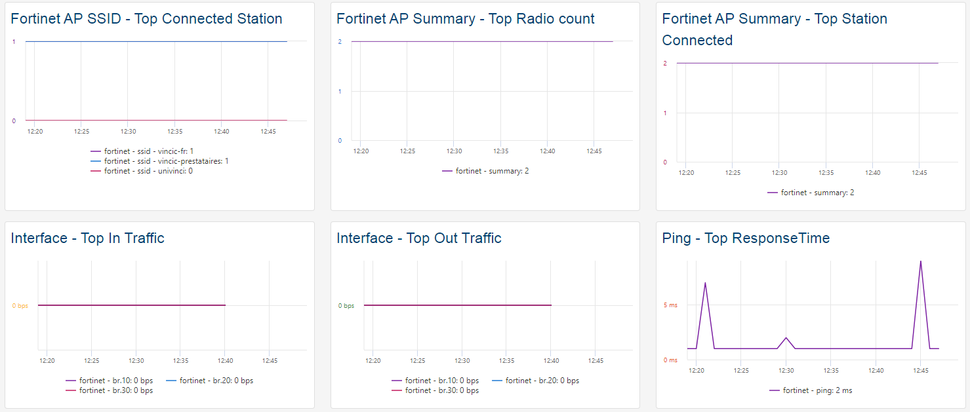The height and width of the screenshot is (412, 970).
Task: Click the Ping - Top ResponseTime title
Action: [x=746, y=238]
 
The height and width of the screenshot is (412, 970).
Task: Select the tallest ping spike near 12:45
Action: [x=921, y=262]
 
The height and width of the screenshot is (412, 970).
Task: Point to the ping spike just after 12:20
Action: [x=705, y=284]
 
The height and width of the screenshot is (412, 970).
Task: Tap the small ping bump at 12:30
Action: [x=786, y=338]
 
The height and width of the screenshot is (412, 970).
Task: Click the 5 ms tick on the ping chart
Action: [x=670, y=305]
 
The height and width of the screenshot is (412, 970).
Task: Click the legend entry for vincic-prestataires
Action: [x=166, y=161]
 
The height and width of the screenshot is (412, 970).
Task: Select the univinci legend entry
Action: [x=148, y=171]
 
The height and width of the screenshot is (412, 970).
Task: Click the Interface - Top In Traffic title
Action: [x=87, y=238]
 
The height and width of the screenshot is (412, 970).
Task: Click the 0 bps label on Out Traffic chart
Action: [x=346, y=306]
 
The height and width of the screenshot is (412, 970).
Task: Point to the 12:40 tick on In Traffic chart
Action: [x=225, y=360]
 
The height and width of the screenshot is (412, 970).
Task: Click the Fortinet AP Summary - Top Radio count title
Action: [x=465, y=19]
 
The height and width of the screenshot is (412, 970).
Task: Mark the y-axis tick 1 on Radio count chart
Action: [x=340, y=91]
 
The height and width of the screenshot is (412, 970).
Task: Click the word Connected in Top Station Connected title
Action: [x=697, y=41]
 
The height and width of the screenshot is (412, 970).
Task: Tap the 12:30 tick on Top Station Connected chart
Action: [x=779, y=173]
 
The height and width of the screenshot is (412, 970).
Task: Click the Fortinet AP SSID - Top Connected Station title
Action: [x=146, y=19]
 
